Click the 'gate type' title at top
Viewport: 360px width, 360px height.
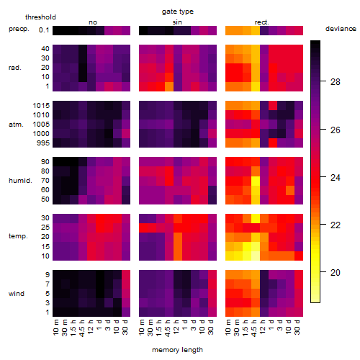click(178, 12)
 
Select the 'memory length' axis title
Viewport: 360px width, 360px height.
click(177, 350)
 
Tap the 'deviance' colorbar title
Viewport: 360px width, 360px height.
click(341, 29)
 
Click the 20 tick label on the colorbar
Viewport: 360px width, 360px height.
click(336, 273)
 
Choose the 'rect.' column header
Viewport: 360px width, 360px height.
click(262, 22)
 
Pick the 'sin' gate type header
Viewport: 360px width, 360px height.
click(177, 22)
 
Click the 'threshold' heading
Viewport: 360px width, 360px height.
click(40, 17)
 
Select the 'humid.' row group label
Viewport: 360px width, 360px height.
click(20, 181)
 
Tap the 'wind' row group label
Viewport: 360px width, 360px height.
click(17, 294)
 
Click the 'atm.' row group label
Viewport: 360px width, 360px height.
click(16, 125)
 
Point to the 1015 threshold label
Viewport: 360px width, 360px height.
click(41, 106)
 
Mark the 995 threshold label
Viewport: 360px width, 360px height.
click(43, 143)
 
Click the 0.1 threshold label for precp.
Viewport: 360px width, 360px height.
click(44, 30)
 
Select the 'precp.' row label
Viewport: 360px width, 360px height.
click(19, 29)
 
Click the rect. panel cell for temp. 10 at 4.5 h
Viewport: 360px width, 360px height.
click(256, 256)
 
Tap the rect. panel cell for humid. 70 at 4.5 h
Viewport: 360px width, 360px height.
click(256, 181)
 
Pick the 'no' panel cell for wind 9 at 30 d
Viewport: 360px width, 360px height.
click(126, 275)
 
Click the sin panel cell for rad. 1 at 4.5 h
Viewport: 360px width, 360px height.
click(169, 86)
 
